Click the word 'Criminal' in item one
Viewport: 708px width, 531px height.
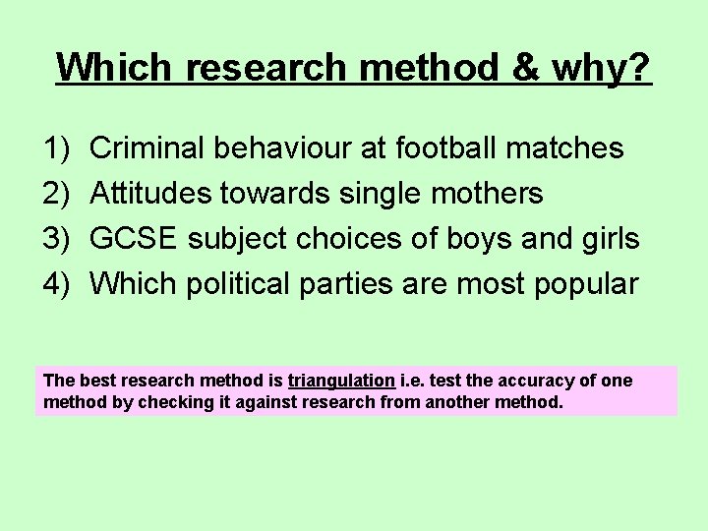147,148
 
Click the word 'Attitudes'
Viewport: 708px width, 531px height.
150,194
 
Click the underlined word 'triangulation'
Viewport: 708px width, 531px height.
341,381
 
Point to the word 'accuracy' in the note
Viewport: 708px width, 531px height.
531,381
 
